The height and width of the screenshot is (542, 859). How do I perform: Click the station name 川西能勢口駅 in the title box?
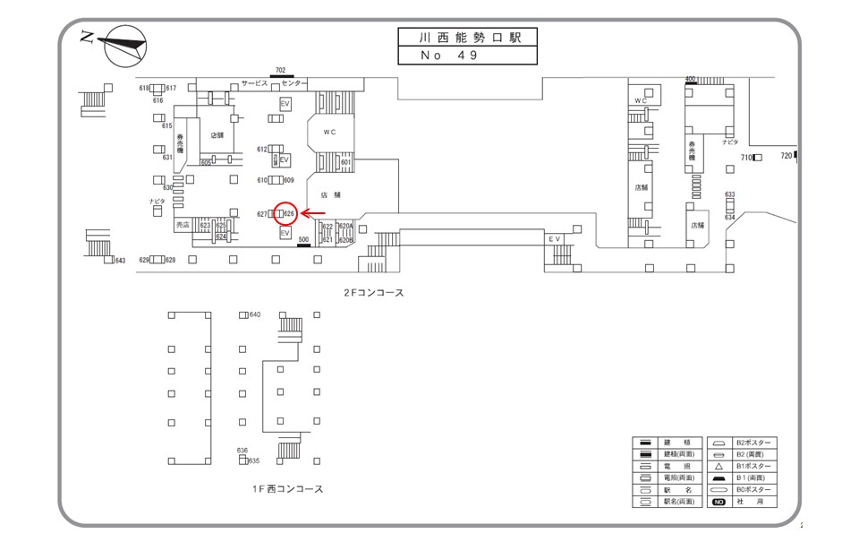pyautogui.click(x=467, y=38)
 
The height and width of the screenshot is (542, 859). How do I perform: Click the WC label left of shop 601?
pyautogui.click(x=329, y=133)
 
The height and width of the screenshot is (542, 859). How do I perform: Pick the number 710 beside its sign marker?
pyautogui.click(x=746, y=158)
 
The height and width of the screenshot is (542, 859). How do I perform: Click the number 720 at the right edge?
pyautogui.click(x=786, y=156)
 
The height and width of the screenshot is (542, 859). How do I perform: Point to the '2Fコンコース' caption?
pyautogui.click(x=374, y=292)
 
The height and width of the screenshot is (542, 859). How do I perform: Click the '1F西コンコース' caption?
pyautogui.click(x=287, y=489)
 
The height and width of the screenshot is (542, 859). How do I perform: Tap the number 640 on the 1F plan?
pyautogui.click(x=255, y=314)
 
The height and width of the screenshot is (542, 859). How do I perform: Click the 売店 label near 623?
pyautogui.click(x=183, y=225)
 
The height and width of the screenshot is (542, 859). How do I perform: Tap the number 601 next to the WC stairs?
pyautogui.click(x=345, y=162)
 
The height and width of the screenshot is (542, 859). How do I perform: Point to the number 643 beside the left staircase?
pyautogui.click(x=120, y=261)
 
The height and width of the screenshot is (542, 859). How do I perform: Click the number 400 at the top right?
pyautogui.click(x=690, y=79)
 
